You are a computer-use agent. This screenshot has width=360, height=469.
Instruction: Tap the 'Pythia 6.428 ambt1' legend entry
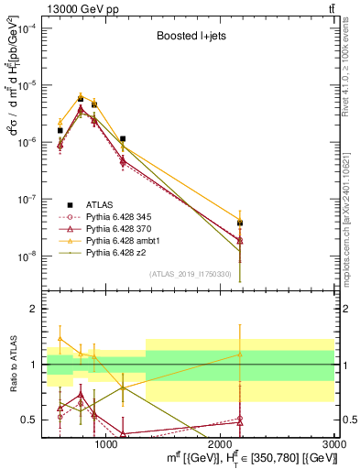(x=121, y=240)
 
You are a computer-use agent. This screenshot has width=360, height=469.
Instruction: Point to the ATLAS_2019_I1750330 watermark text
(x=191, y=274)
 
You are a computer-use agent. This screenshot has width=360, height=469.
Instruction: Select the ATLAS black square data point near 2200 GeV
(x=239, y=223)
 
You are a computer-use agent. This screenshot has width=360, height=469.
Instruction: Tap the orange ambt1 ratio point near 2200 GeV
(x=239, y=354)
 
